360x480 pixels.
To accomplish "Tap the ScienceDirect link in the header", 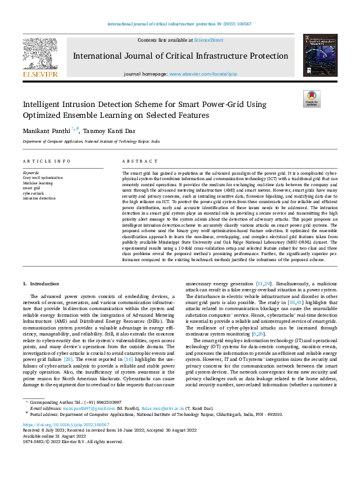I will [x=209, y=41].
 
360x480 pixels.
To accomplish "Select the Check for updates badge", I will [x=312, y=99].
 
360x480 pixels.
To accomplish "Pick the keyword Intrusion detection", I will [x=39, y=198].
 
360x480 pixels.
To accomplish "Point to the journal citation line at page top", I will [x=180, y=24].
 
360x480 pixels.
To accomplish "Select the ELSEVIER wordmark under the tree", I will [x=40, y=74].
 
